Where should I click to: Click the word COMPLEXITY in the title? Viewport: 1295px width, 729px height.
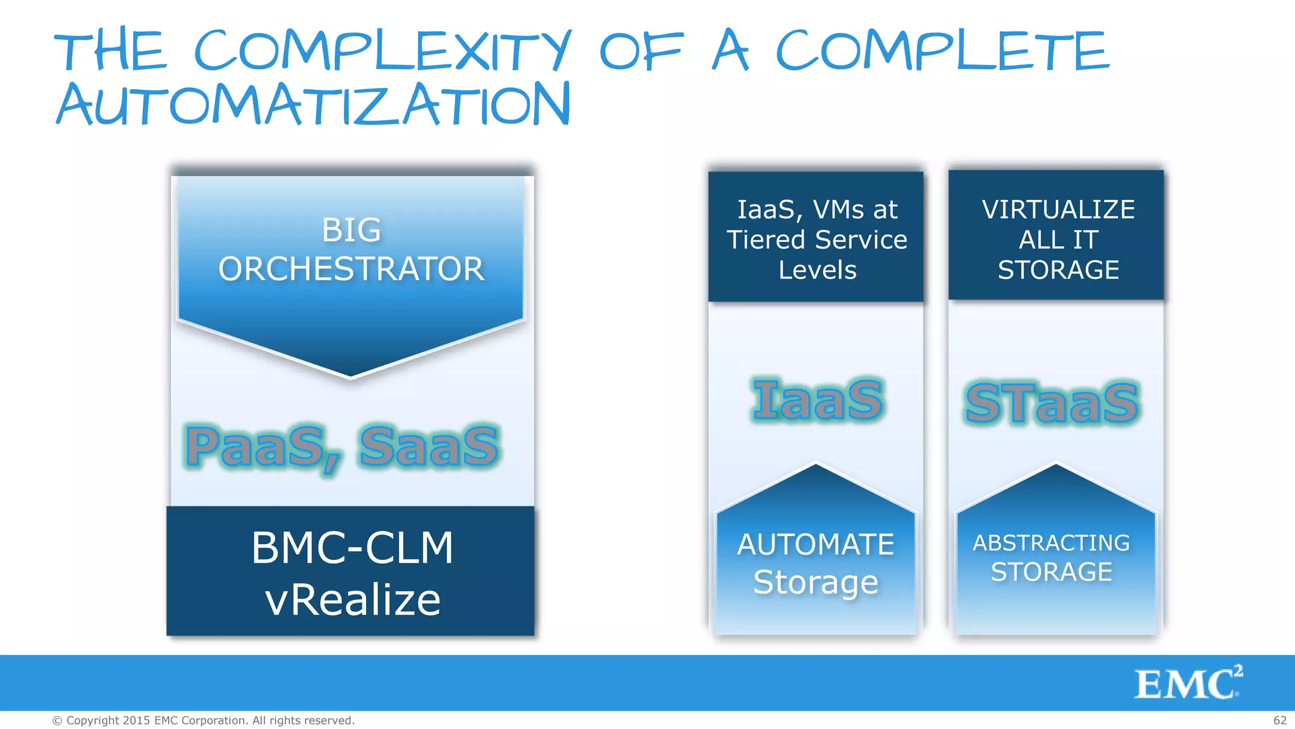(382, 51)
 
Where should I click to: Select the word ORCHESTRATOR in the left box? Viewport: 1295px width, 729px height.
(351, 269)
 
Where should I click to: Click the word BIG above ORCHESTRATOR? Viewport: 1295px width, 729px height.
(351, 230)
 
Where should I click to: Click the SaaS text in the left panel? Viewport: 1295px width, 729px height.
(429, 446)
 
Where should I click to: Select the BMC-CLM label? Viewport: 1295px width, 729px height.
(352, 547)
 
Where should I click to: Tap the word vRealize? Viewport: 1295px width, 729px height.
(352, 600)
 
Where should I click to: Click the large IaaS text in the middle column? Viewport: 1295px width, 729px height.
(817, 400)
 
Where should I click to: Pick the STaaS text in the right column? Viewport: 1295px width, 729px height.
(1052, 402)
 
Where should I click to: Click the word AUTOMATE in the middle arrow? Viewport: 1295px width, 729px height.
(816, 545)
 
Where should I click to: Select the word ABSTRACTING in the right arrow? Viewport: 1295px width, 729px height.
(1051, 543)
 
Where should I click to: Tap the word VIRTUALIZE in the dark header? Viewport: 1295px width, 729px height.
(1058, 209)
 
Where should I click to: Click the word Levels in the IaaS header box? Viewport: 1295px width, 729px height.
(817, 270)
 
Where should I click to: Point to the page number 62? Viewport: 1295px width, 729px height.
(1280, 721)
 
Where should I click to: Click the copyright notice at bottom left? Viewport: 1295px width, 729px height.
(203, 721)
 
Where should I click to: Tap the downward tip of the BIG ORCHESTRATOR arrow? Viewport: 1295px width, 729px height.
(351, 377)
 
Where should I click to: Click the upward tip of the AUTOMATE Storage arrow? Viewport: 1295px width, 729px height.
(816, 466)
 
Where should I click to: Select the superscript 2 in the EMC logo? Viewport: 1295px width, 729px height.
(1237, 671)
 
